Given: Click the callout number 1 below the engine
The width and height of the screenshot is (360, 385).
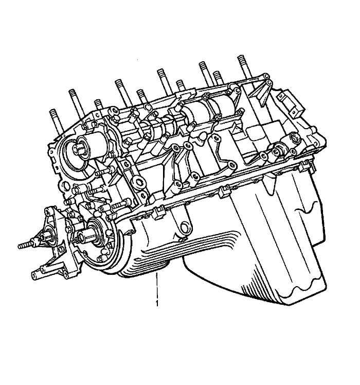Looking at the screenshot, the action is (x=157, y=303).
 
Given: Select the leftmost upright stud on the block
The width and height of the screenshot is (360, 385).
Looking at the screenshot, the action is (x=56, y=121).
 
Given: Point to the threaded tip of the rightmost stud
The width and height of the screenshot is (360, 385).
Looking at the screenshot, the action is (x=242, y=59).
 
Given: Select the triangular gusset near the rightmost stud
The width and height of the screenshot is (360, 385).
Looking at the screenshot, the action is (x=260, y=93).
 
